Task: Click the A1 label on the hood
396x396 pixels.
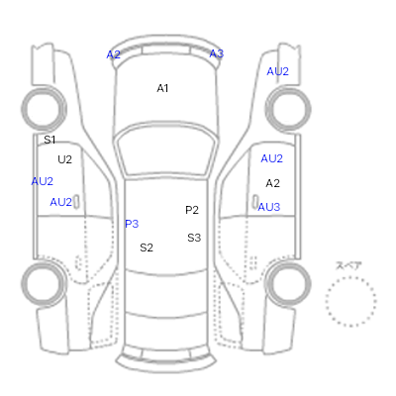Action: pyautogui.click(x=162, y=88)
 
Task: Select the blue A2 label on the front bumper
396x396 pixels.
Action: pyautogui.click(x=113, y=54)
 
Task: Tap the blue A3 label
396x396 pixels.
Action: pyautogui.click(x=217, y=53)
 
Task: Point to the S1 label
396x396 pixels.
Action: pyautogui.click(x=49, y=140)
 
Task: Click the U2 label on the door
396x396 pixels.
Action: pyautogui.click(x=64, y=159)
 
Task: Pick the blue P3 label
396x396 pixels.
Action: pyautogui.click(x=132, y=224)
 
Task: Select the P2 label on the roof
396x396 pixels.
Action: pyautogui.click(x=192, y=210)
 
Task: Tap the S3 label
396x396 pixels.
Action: pyautogui.click(x=194, y=238)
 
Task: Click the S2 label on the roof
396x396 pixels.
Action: pyautogui.click(x=147, y=247)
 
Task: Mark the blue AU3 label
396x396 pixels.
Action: pyautogui.click(x=269, y=207)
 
